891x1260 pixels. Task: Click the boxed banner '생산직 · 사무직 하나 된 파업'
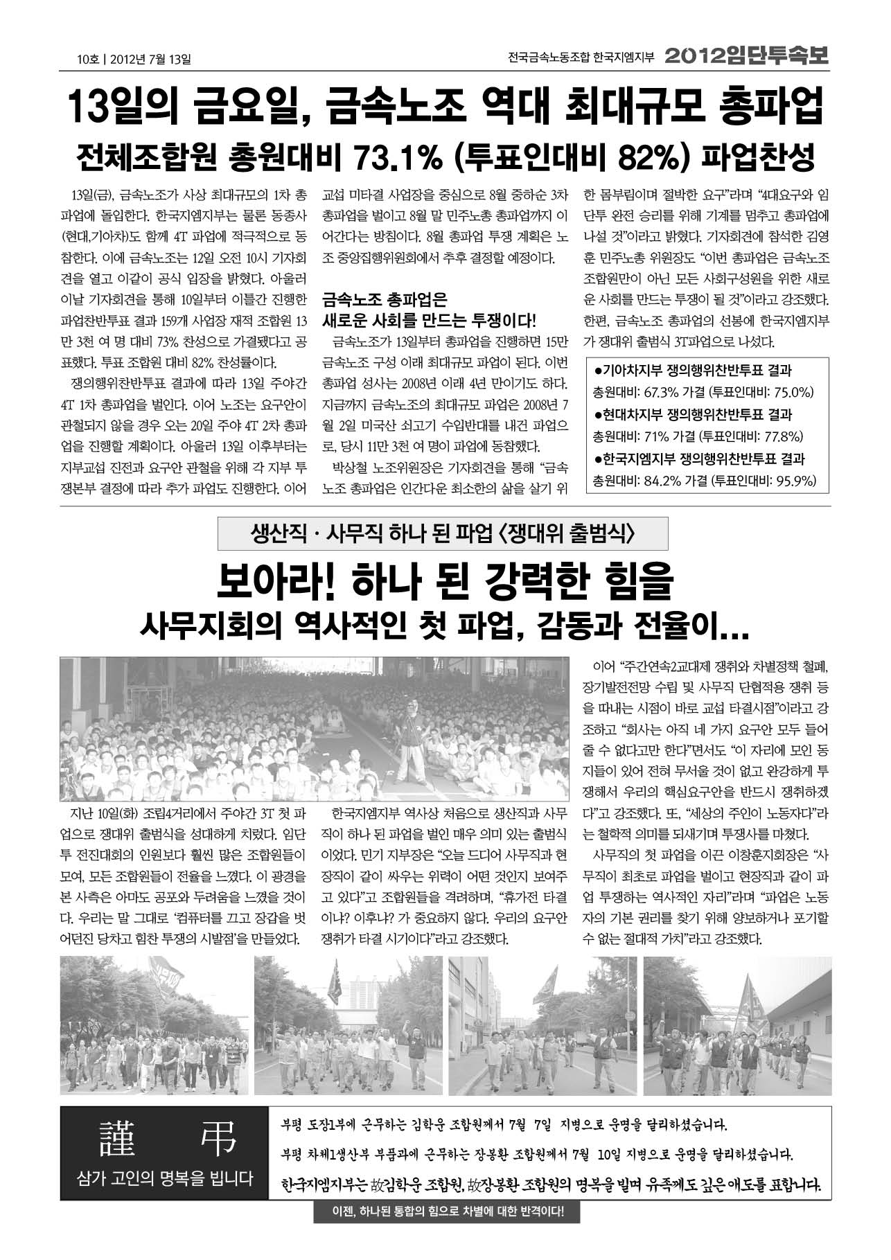443,533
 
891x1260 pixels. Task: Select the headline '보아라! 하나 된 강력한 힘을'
444,580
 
